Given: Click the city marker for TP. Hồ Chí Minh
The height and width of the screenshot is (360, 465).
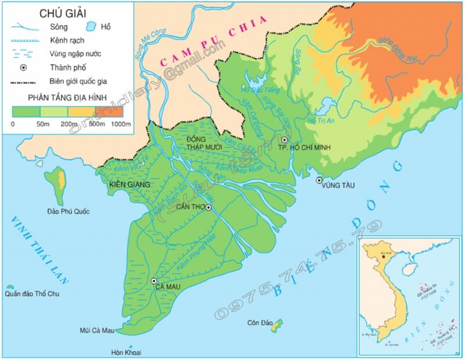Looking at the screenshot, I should (x=284, y=140).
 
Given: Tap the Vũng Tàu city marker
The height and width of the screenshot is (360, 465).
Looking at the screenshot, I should (x=319, y=181).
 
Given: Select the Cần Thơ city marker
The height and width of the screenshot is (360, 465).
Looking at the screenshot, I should (x=208, y=208).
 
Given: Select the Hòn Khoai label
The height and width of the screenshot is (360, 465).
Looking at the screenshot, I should (x=126, y=352).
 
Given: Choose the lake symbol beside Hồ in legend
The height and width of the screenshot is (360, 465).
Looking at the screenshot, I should (x=91, y=27).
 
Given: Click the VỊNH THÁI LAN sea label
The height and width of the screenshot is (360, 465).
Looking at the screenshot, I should (x=39, y=250).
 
